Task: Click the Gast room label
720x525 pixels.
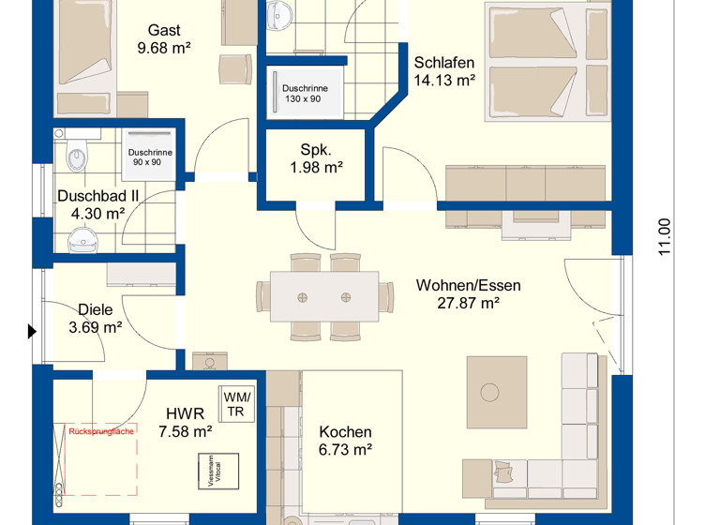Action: (164, 31)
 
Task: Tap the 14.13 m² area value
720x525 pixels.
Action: (444, 81)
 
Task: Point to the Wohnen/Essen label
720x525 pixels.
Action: (468, 286)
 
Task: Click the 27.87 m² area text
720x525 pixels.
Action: (468, 303)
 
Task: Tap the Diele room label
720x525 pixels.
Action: (96, 310)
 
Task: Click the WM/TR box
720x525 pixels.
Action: (235, 404)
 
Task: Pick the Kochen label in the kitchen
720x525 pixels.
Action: (345, 432)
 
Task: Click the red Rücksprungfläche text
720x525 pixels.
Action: (102, 430)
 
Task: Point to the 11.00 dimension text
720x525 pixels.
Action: (665, 236)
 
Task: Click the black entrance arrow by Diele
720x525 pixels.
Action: (32, 331)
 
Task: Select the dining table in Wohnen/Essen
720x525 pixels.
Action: (323, 297)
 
